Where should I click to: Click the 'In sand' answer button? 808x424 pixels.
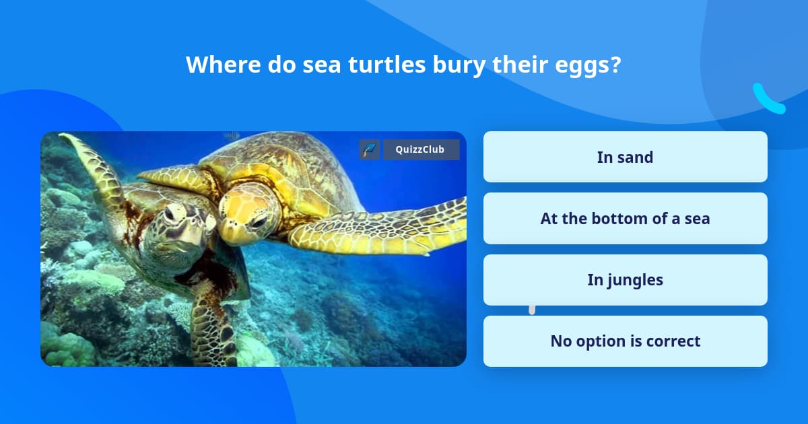625,157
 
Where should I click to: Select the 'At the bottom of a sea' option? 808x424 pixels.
625,219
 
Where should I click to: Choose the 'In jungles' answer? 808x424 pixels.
625,280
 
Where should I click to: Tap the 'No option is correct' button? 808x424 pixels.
625,341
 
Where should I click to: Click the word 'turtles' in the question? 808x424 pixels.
386,65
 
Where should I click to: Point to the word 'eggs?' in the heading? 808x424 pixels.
588,67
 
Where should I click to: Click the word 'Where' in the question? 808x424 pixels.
224,65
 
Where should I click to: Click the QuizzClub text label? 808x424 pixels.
420,149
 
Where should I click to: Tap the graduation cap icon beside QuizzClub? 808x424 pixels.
370,149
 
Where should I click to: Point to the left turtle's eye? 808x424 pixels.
169,215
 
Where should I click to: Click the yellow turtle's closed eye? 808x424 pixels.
260,222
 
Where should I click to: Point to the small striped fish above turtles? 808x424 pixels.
232,135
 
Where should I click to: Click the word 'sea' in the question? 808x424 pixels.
322,67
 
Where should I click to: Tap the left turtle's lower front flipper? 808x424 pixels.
213,328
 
